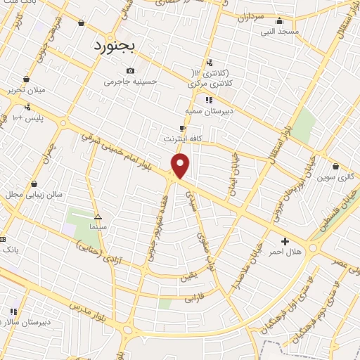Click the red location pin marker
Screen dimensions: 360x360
[181, 166]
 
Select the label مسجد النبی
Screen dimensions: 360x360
[280, 32]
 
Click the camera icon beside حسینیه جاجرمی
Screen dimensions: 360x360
[130, 70]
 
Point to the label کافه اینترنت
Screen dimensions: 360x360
[183, 139]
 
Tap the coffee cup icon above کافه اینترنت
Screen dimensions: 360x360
[183, 128]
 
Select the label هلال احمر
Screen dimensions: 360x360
[285, 252]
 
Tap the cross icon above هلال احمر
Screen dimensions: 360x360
[285, 241]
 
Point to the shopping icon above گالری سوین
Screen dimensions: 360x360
[337, 167]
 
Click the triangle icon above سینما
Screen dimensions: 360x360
[98, 217]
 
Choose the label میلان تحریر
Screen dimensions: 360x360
[26, 89]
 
